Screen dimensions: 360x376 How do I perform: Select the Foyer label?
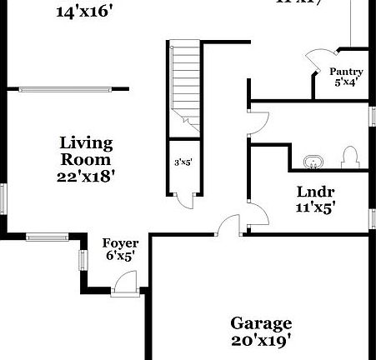119,243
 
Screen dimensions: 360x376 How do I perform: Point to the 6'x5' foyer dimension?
119,257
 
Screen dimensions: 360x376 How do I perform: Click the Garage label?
261,323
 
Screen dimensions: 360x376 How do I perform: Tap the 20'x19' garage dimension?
261,339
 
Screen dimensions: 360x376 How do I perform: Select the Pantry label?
345,72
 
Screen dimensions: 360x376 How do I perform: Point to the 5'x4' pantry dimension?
345,82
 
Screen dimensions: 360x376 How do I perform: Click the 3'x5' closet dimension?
183,162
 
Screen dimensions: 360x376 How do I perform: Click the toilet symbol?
350,156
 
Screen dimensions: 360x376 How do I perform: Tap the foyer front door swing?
124,283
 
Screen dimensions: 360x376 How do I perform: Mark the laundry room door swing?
258,214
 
